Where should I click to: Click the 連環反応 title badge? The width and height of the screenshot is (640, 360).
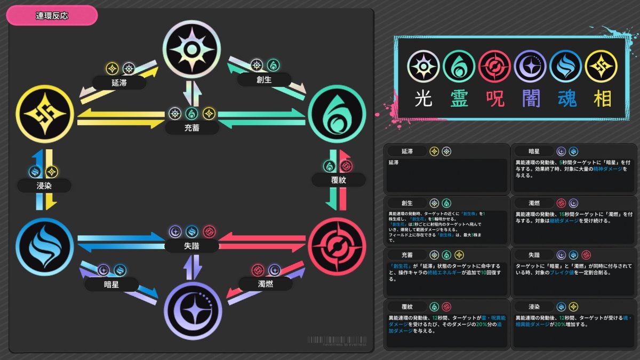[52, 15]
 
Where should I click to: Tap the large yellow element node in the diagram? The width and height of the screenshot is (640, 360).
[44, 114]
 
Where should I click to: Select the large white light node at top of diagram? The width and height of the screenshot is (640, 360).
[191, 49]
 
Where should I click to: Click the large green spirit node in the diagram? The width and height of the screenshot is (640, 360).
[337, 114]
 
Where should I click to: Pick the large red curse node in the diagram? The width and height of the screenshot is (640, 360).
[337, 246]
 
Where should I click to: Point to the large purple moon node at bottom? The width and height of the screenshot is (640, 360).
[191, 310]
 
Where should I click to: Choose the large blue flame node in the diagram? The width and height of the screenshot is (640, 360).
[44, 246]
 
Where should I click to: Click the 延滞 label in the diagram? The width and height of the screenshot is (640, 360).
[120, 83]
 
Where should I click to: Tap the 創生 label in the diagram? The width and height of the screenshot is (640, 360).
[265, 80]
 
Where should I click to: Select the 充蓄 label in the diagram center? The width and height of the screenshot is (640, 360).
[191, 128]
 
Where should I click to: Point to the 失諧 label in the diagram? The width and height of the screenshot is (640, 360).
[191, 246]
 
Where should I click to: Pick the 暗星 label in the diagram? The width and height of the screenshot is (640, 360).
[111, 284]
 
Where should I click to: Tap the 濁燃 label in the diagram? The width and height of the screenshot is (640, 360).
[265, 284]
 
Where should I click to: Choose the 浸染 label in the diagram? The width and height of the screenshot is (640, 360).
[44, 186]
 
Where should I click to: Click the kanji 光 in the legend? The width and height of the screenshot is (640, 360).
[423, 98]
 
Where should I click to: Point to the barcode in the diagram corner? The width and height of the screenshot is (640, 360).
[337, 340]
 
